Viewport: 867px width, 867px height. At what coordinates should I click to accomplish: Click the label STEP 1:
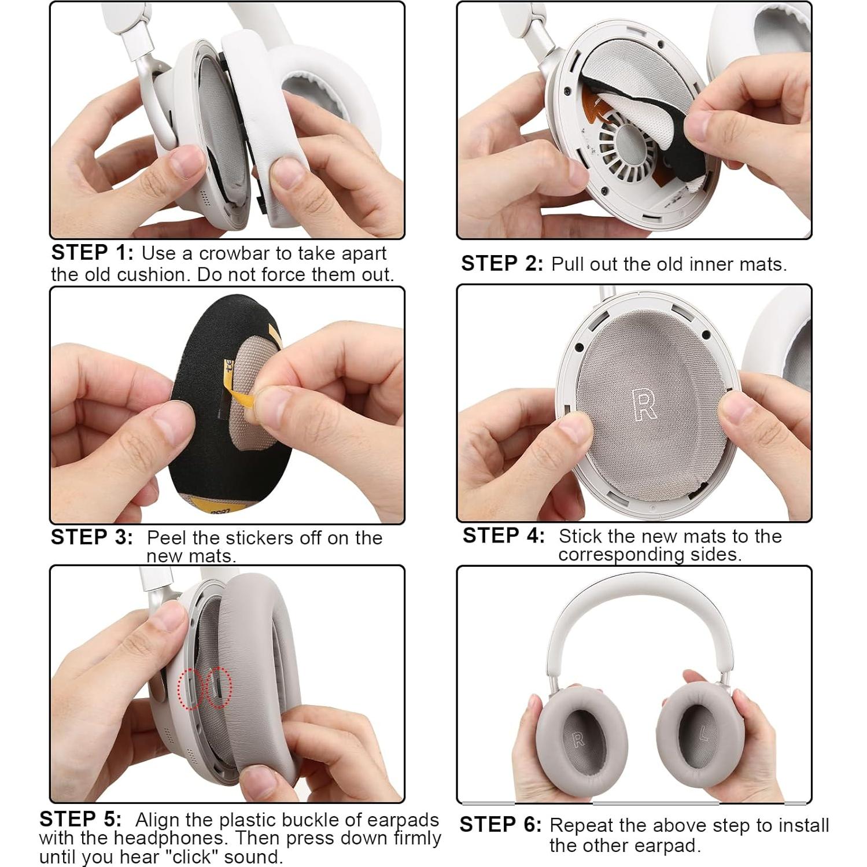[x=92, y=253]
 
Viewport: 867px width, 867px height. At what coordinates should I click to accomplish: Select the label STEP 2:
[x=501, y=264]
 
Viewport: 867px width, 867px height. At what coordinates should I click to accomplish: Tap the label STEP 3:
[x=91, y=537]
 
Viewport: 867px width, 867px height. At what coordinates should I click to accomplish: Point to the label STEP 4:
[x=503, y=536]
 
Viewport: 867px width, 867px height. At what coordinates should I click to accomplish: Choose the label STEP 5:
[x=80, y=819]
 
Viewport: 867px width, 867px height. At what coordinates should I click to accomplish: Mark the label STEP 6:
[x=500, y=825]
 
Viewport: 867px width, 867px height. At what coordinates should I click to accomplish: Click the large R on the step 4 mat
[x=644, y=404]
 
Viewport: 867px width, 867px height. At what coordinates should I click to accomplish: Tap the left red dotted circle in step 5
[x=190, y=688]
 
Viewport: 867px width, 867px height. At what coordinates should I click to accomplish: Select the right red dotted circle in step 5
[x=219, y=687]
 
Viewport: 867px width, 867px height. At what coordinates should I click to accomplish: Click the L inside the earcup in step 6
[x=703, y=735]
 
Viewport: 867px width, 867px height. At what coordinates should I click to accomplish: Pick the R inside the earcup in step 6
[x=578, y=739]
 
